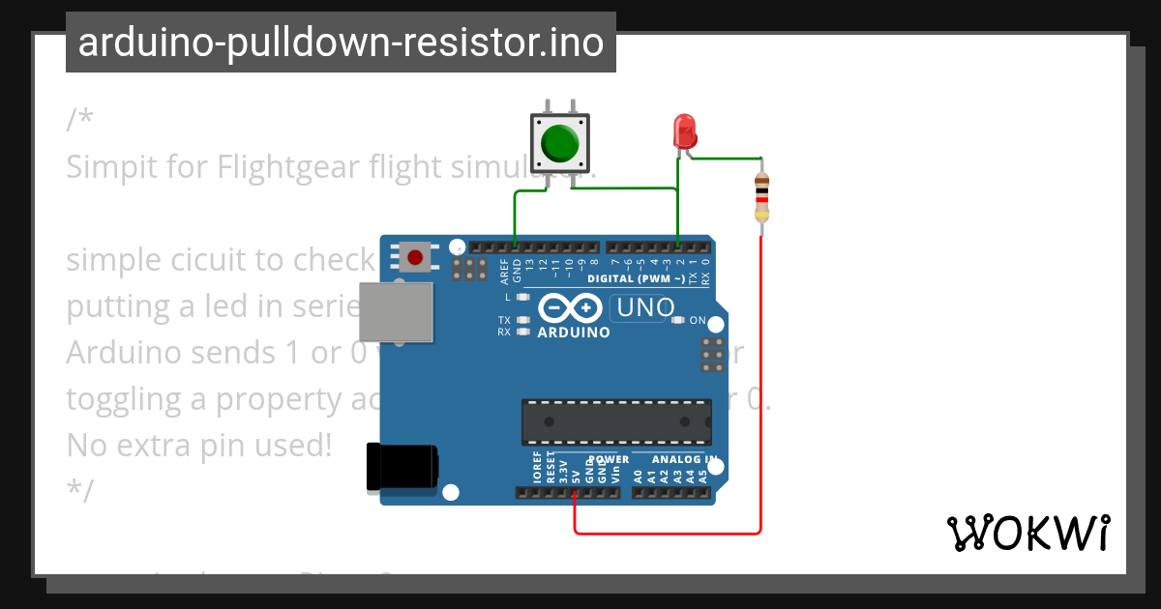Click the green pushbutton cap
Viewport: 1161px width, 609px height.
click(x=559, y=143)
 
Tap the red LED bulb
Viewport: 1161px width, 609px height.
click(x=684, y=130)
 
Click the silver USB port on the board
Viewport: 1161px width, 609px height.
click(x=396, y=313)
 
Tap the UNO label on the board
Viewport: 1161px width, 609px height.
click(x=645, y=308)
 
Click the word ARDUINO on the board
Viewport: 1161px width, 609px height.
click(x=574, y=333)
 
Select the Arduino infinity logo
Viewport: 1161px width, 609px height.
click(x=573, y=308)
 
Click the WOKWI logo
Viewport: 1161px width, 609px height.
click(x=1027, y=533)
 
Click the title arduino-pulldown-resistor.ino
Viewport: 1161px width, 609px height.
click(x=341, y=43)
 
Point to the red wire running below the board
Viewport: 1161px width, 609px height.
click(x=668, y=533)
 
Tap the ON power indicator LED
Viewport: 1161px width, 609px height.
click(x=678, y=320)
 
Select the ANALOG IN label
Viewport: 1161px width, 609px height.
click(x=684, y=459)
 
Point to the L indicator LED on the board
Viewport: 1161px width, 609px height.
click(x=523, y=297)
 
